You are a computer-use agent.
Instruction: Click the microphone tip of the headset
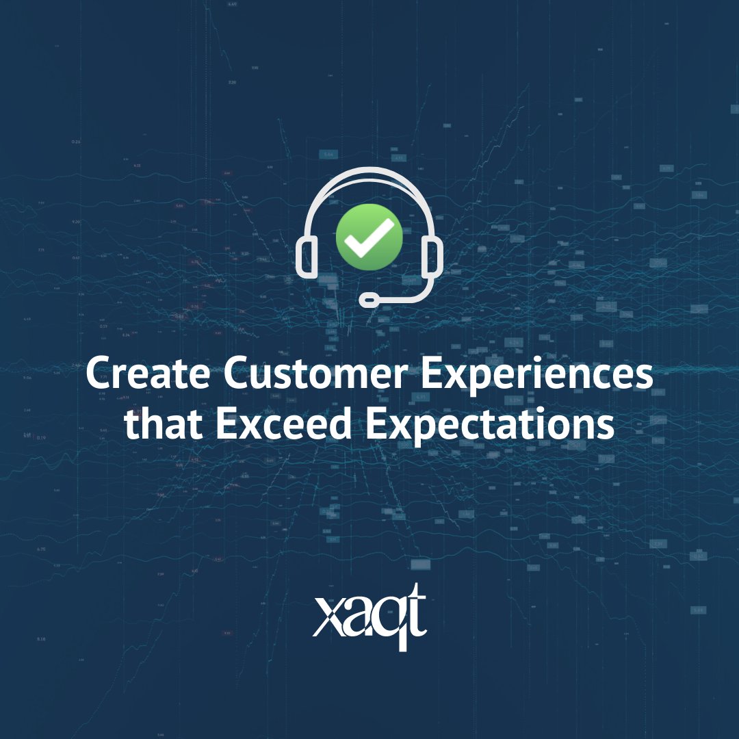[x=369, y=299]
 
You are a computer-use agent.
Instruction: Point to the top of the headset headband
[x=369, y=170]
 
